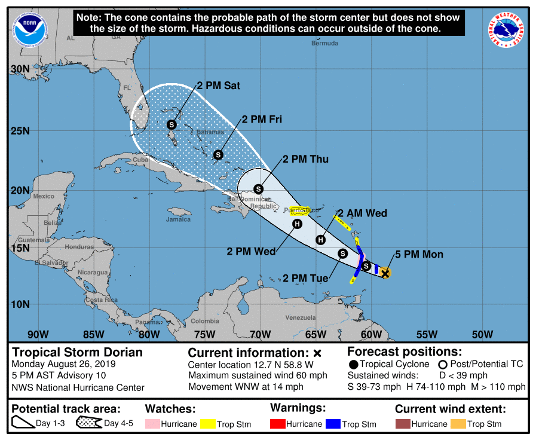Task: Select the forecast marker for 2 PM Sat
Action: pyautogui.click(x=171, y=124)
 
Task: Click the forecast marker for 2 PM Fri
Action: pyautogui.click(x=218, y=155)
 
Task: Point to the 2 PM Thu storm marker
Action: pyautogui.click(x=259, y=189)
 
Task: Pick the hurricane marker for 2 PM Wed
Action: pyautogui.click(x=297, y=224)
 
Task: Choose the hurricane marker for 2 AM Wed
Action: pyautogui.click(x=320, y=240)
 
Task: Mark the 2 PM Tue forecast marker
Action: pyautogui.click(x=342, y=253)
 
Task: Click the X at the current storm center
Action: pyautogui.click(x=385, y=273)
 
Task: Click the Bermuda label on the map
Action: pyautogui.click(x=325, y=43)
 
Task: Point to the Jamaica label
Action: pyautogui.click(x=178, y=219)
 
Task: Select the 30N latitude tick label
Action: pyautogui.click(x=20, y=69)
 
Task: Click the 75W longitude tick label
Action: pyautogui.click(x=204, y=334)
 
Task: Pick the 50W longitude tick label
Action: pyautogui.click(x=482, y=334)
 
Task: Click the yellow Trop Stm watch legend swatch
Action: pyautogui.click(x=209, y=424)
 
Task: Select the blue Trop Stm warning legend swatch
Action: pyautogui.click(x=332, y=424)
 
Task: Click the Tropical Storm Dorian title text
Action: pyautogui.click(x=78, y=352)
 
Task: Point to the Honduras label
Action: pyautogui.click(x=79, y=247)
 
